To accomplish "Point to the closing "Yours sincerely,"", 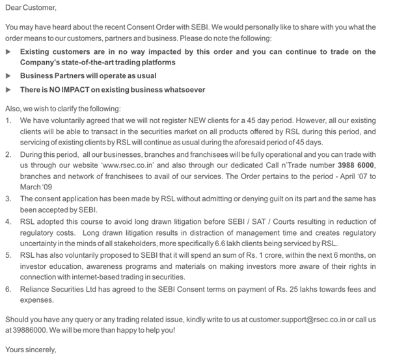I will [31, 350].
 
